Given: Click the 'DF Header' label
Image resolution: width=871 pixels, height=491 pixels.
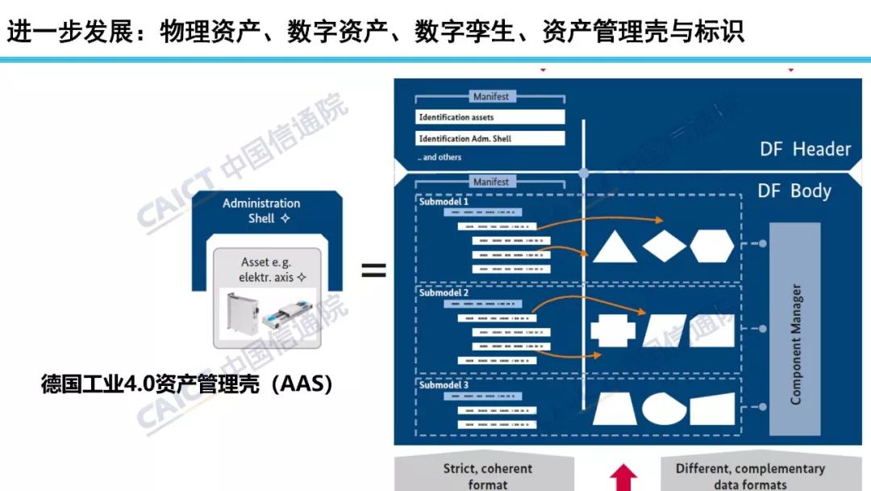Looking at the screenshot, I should [x=805, y=149].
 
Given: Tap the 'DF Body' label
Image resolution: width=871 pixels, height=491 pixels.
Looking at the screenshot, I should [x=794, y=191].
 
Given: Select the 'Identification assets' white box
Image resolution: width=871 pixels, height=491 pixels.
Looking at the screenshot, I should [x=490, y=117].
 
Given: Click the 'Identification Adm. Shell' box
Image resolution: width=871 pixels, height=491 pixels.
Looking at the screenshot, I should [x=490, y=138].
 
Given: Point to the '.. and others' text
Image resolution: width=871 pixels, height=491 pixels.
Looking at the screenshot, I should [x=440, y=157].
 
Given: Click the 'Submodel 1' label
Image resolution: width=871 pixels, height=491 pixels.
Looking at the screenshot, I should [x=444, y=202].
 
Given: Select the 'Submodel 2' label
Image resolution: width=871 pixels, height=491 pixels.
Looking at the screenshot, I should [x=444, y=293].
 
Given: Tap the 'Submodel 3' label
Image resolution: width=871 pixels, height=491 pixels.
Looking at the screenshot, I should [x=444, y=385].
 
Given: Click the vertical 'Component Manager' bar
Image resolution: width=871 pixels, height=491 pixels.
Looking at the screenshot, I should [x=794, y=329].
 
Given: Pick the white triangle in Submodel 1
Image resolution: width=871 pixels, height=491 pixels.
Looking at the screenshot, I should [x=615, y=248].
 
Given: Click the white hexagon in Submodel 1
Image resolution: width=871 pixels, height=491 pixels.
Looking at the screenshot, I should [x=711, y=245].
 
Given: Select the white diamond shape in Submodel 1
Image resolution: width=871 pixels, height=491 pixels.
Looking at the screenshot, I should [x=664, y=246].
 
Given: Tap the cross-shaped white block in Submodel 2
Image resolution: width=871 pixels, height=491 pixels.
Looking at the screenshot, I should [x=613, y=330].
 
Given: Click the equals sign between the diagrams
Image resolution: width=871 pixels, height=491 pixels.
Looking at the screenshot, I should [x=373, y=271].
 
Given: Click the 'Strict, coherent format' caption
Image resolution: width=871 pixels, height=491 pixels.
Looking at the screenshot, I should [x=487, y=476].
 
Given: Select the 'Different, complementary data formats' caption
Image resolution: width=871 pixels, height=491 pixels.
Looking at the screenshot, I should [x=750, y=476].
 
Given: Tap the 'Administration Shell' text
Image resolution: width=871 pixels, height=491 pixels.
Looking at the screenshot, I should [x=261, y=211].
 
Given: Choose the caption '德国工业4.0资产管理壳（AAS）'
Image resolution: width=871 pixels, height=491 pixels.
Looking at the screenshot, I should [x=188, y=385].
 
